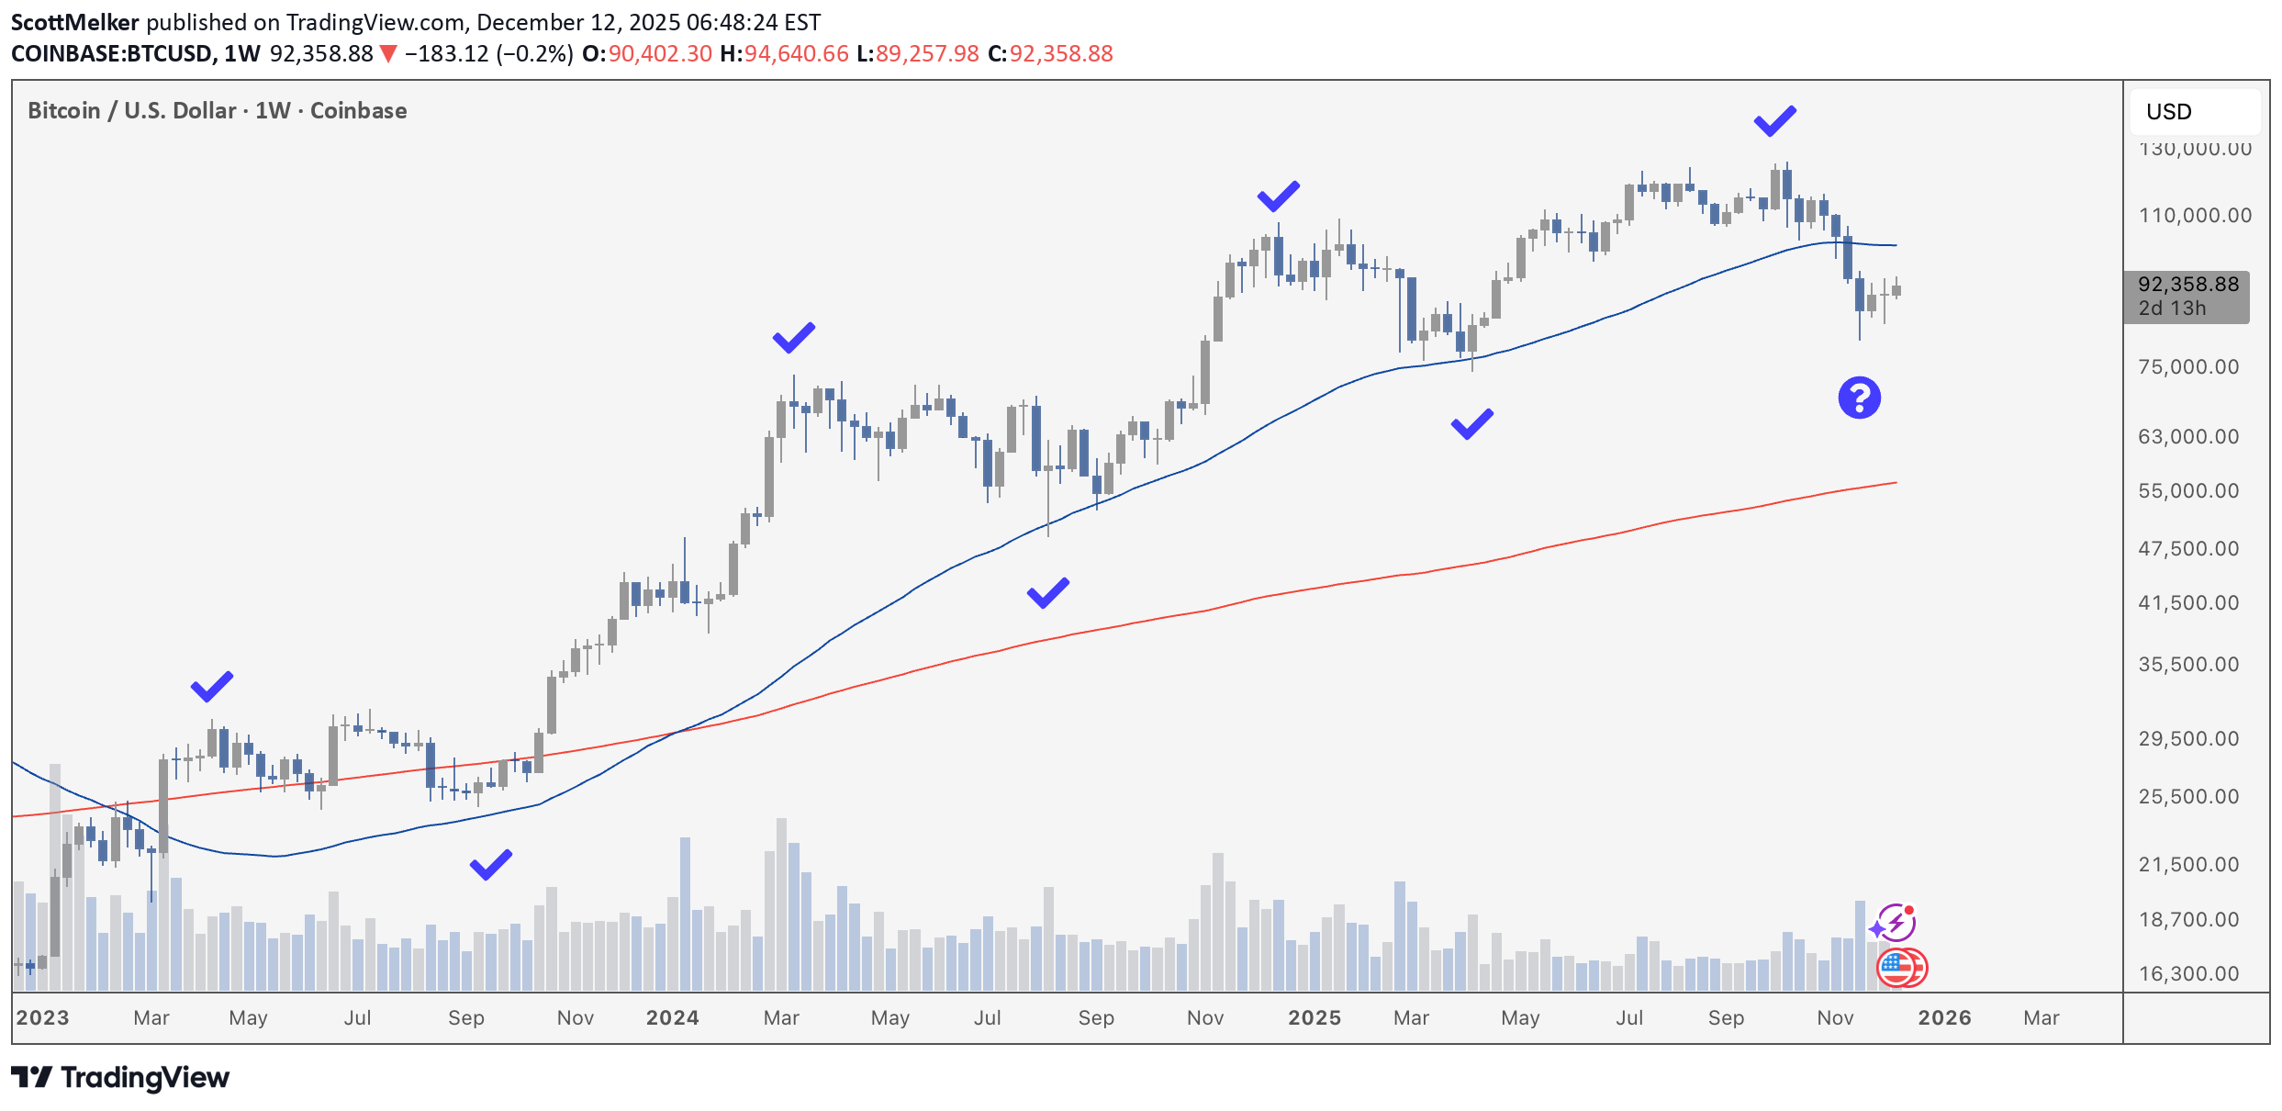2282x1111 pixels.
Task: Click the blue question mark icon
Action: click(x=1859, y=398)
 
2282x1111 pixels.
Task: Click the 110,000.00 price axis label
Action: click(x=2194, y=215)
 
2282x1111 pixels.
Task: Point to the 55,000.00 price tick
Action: click(x=2188, y=490)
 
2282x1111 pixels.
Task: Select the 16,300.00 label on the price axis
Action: click(x=2188, y=972)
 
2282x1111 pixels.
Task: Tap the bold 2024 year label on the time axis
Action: click(x=672, y=1017)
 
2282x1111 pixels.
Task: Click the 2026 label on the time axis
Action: click(x=1943, y=1017)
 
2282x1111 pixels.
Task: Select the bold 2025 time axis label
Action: click(x=1314, y=1017)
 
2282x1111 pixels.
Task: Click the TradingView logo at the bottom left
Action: click(x=120, y=1077)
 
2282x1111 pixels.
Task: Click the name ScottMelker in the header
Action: click(x=74, y=22)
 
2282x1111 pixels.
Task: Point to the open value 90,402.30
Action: click(x=660, y=53)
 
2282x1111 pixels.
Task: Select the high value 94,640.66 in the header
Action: click(x=796, y=53)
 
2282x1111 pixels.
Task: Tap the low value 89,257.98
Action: click(x=927, y=53)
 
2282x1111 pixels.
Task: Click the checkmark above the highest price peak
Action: click(x=1774, y=120)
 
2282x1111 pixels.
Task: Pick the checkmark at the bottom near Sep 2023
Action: click(x=491, y=864)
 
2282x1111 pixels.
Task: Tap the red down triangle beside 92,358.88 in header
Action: click(x=388, y=54)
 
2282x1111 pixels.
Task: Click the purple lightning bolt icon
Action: click(x=1895, y=922)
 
